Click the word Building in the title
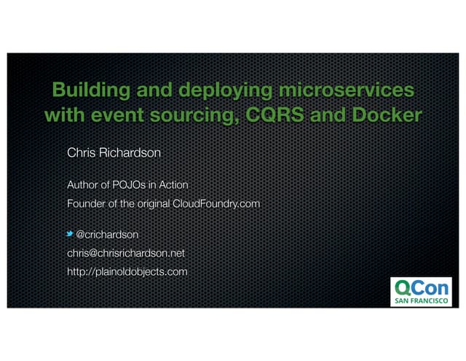(86, 90)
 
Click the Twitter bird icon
(70, 234)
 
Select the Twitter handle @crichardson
(107, 234)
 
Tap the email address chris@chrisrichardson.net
(126, 253)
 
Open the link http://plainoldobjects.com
(127, 271)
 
